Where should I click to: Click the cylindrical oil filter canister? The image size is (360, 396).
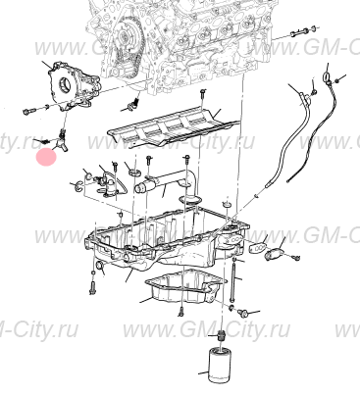tap(220, 366)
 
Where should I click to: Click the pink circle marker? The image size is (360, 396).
tap(46, 157)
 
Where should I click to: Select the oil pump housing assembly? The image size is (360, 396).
tap(73, 87)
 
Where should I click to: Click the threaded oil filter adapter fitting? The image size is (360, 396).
tap(222, 335)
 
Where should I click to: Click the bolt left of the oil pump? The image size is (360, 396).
tap(28, 112)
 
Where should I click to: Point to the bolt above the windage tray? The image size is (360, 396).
tap(202, 95)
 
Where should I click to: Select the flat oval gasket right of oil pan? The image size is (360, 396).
tap(258, 248)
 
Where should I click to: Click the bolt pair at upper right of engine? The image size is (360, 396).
tap(303, 32)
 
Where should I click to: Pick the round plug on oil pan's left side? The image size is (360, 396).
tap(100, 267)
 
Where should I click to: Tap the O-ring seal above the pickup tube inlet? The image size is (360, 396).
tap(133, 172)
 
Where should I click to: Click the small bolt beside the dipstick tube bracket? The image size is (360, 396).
tap(313, 92)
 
